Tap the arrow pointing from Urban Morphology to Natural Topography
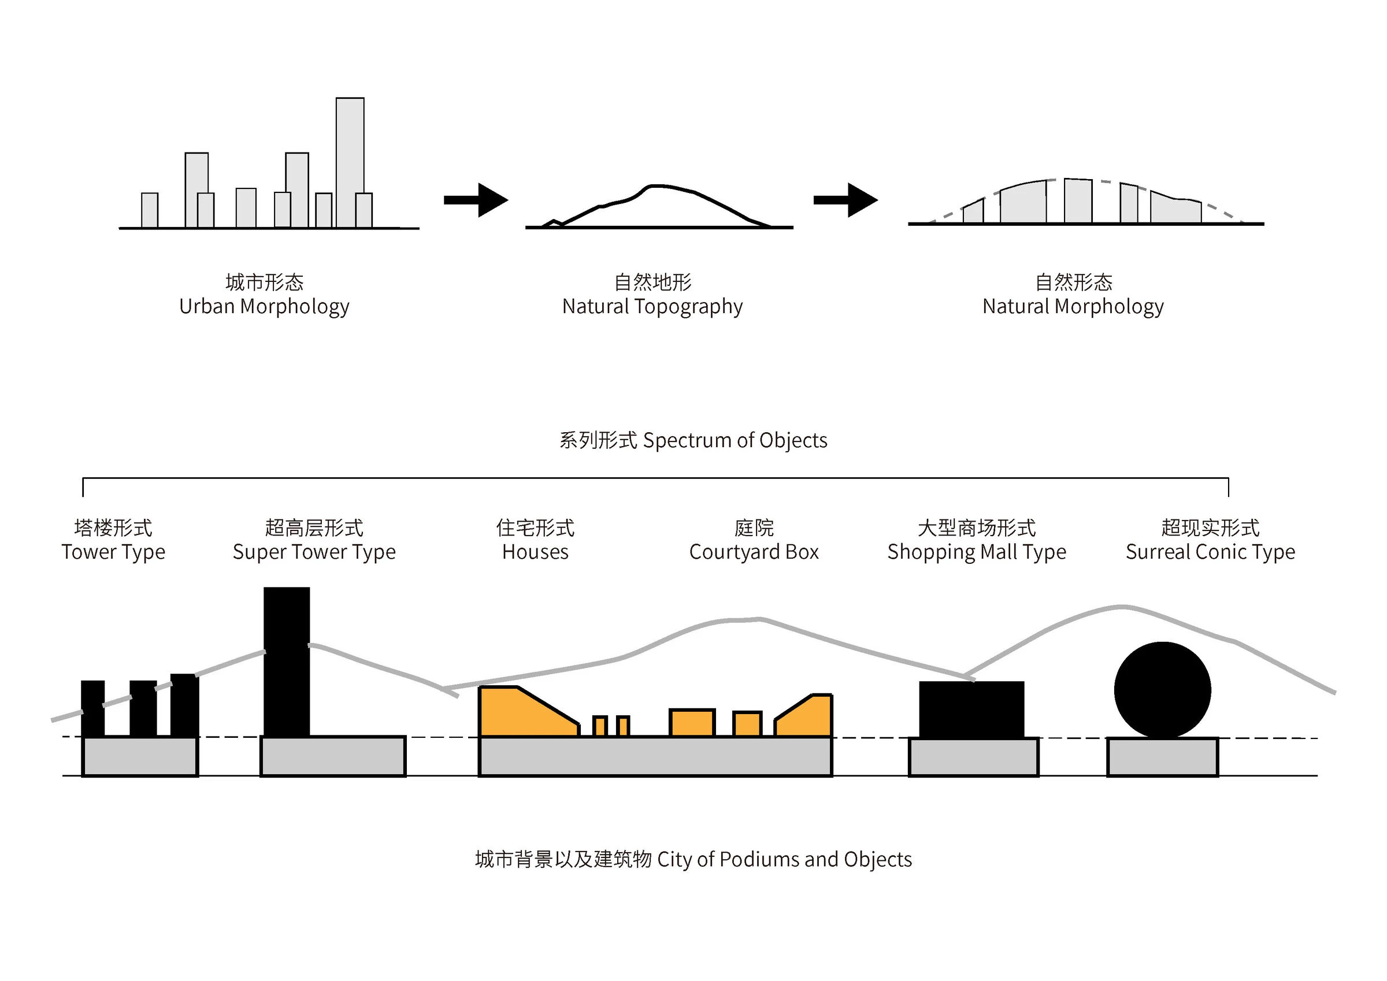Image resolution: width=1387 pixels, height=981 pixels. point(476,200)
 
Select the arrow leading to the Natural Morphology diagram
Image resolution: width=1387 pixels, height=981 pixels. point(845,200)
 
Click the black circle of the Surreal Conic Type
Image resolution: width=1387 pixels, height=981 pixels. point(1162,690)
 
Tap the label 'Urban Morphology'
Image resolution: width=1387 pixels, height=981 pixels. point(264,307)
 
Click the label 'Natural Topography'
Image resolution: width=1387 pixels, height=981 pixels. point(652,307)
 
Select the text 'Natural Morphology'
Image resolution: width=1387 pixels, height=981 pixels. point(1072,307)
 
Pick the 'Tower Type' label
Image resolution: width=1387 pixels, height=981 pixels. point(113,552)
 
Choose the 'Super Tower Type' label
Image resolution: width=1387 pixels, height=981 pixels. point(314,552)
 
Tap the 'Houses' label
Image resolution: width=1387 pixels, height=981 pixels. point(535,552)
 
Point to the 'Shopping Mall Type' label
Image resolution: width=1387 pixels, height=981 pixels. point(976,552)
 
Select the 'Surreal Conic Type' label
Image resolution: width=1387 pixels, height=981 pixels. point(1210,552)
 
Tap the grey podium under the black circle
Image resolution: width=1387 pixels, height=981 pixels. point(1162,757)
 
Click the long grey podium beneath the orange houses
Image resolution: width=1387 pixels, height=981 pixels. point(655,756)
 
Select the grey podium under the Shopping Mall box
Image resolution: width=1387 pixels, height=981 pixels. point(973,757)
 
